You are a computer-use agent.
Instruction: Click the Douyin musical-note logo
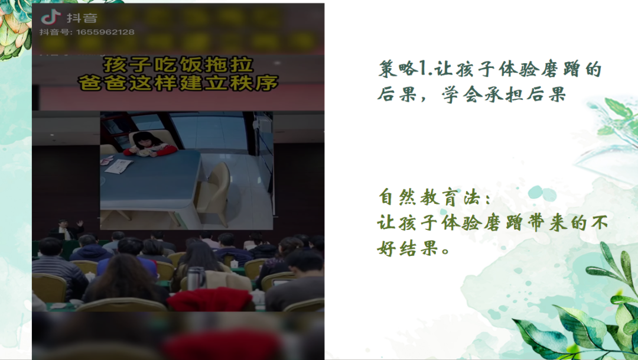coord(51,17)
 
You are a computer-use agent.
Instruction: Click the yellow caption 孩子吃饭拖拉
coord(178,64)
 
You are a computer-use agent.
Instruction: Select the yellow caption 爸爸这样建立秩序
coord(178,82)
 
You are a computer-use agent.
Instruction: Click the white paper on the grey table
coord(119,166)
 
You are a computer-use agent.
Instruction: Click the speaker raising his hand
coord(65,229)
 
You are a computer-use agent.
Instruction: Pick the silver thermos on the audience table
coord(196,278)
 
